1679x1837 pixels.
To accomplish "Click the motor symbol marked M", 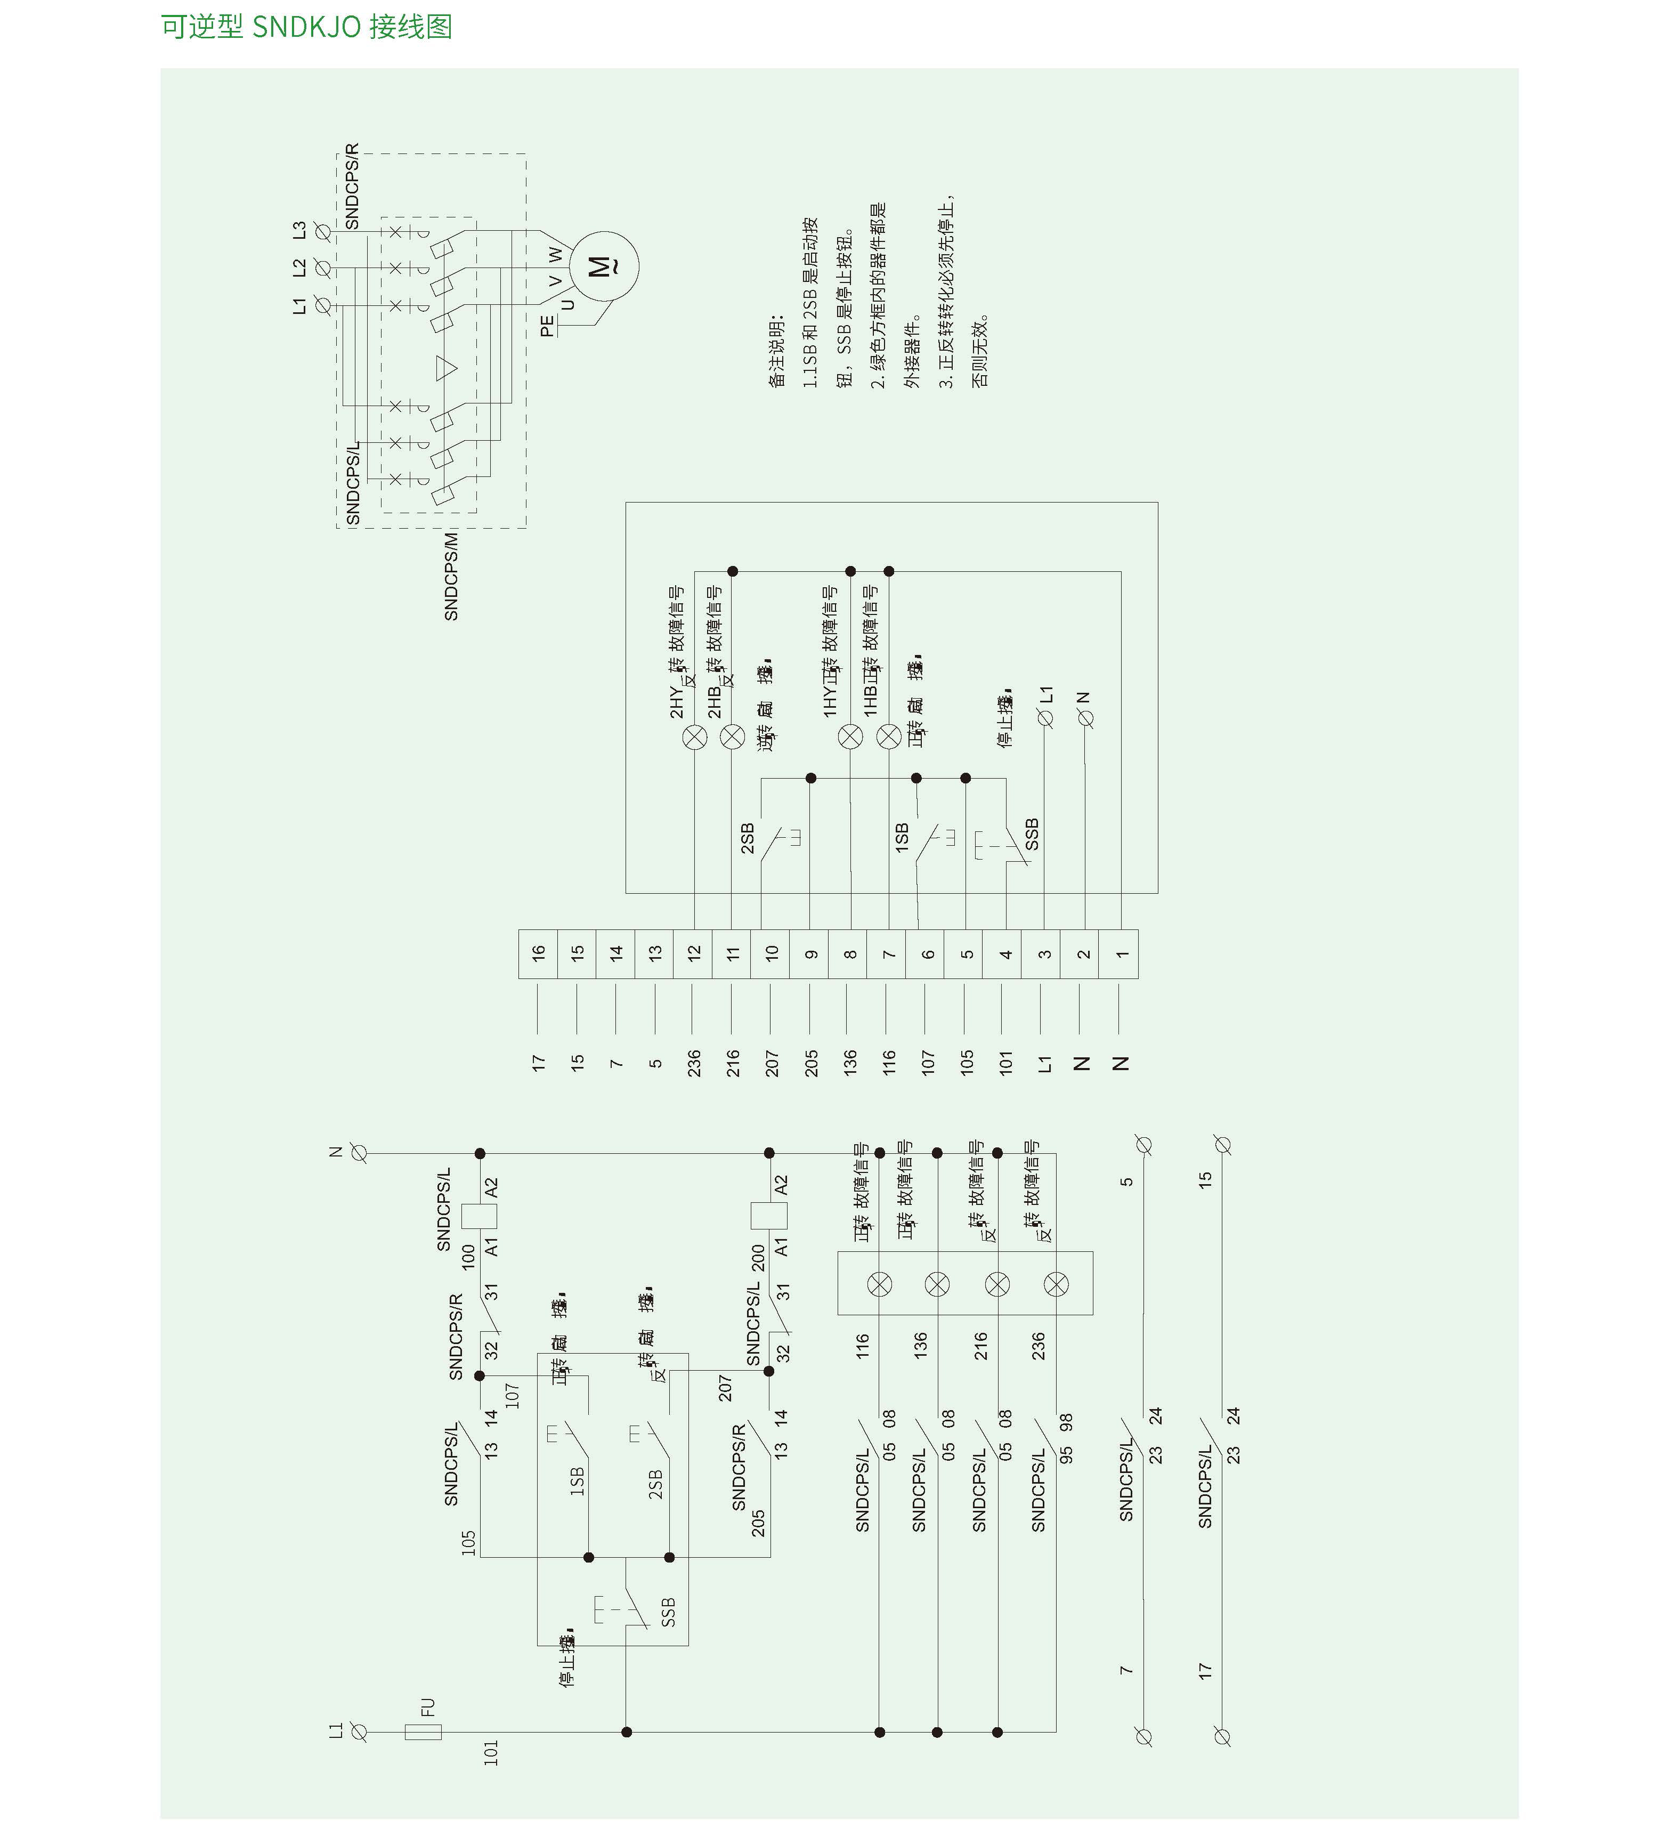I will coord(603,266).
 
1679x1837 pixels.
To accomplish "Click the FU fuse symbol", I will coord(423,1731).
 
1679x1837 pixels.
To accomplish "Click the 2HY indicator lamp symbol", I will coord(694,737).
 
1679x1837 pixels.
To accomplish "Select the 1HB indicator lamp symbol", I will coord(888,737).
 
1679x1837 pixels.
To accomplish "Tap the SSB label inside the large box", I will coord(1031,833).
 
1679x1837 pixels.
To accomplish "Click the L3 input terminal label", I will coord(299,231).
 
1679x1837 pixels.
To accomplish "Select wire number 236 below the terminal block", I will coord(694,1063).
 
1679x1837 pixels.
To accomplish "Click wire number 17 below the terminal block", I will coord(538,1063).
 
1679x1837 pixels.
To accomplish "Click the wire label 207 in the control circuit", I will coord(725,1388).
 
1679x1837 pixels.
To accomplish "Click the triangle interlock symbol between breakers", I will coord(445,368).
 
